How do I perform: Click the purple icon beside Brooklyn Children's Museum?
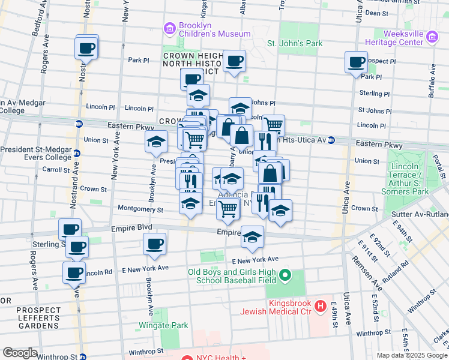click(170, 28)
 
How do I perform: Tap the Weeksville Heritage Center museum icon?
click(432, 38)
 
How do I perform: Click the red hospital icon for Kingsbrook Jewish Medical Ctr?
click(321, 307)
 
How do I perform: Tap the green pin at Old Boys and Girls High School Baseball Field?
click(285, 276)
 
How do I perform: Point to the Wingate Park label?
click(163, 325)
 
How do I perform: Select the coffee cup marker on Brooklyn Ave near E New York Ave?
click(154, 244)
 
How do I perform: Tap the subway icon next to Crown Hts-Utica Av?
click(331, 140)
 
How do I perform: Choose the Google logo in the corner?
click(20, 352)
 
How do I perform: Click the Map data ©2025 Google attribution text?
click(412, 355)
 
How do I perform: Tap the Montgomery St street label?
click(142, 209)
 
